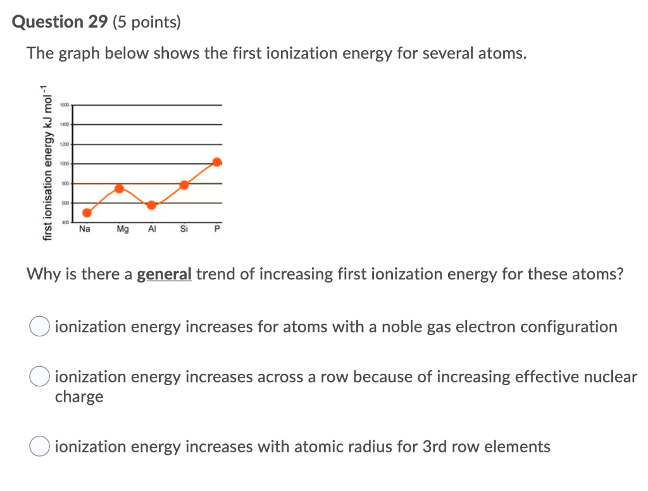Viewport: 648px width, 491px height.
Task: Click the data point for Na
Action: (x=87, y=212)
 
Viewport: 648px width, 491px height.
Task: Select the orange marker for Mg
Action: (x=119, y=188)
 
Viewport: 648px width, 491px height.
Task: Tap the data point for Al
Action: (x=152, y=205)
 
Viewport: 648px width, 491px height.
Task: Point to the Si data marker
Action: (x=184, y=184)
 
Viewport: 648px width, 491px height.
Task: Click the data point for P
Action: (x=217, y=162)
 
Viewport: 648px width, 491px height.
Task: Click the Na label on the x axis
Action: (x=85, y=229)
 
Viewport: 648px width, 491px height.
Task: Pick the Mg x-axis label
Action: (x=123, y=229)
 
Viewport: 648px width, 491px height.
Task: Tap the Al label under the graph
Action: (x=152, y=229)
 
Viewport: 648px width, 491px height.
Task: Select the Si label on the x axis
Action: (x=184, y=229)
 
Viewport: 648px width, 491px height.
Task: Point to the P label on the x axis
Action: (x=216, y=229)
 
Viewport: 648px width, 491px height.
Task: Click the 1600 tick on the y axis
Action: (x=65, y=105)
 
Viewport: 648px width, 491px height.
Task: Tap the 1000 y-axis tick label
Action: (x=65, y=163)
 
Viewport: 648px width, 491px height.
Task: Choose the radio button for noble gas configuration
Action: (x=39, y=327)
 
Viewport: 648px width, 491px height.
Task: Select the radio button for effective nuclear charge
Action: (x=39, y=377)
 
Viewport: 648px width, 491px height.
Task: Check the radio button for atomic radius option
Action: (x=39, y=447)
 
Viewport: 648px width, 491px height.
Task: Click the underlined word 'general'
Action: (x=164, y=274)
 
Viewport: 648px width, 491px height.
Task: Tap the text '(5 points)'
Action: (x=146, y=23)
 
